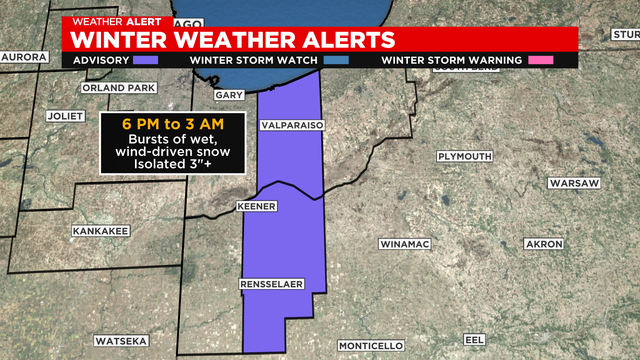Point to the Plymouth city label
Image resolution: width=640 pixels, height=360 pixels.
pos(465,157)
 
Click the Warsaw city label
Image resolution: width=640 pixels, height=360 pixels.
pos(573,184)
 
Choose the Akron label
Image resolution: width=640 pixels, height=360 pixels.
pos(545,244)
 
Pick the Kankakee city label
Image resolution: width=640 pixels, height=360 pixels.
pos(101,231)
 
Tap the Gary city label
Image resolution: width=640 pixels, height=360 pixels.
pos(229,96)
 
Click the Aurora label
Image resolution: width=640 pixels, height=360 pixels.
pos(23,57)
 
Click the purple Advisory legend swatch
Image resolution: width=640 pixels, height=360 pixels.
pos(146,60)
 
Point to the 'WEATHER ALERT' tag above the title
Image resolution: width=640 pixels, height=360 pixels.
pos(104,21)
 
